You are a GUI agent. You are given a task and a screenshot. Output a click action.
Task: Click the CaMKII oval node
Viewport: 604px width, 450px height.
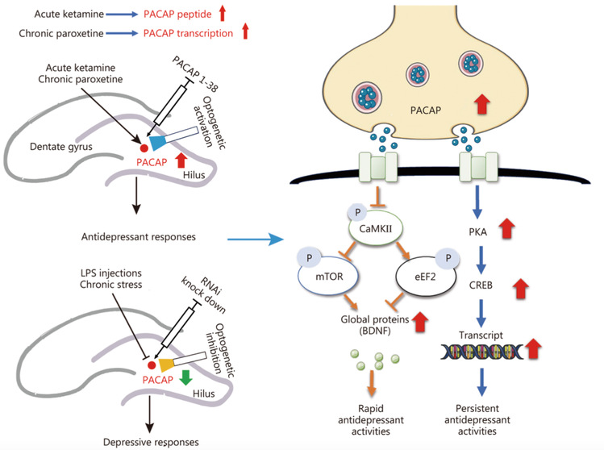coord(376,228)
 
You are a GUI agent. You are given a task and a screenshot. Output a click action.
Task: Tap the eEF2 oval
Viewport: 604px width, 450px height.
coord(426,277)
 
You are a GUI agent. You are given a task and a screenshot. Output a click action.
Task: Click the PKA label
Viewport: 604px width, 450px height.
coord(477,232)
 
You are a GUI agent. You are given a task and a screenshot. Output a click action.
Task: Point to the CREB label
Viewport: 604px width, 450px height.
coord(481,285)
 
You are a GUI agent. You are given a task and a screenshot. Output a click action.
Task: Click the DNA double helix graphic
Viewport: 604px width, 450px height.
coord(481,352)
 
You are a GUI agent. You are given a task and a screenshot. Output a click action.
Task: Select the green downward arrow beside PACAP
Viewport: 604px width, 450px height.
coord(186,377)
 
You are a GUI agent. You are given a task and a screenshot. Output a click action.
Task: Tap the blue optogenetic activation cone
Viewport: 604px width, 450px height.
coord(157,142)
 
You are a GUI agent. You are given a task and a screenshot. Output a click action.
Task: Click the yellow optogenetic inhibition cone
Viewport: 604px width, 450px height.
coord(165,365)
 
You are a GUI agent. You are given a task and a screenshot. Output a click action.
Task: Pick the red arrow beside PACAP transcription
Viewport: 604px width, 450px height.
coord(245,31)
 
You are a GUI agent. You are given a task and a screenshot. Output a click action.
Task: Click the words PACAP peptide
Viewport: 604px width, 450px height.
coord(177,15)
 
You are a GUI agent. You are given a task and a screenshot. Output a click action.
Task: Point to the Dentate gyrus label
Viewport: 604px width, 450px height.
coord(61,147)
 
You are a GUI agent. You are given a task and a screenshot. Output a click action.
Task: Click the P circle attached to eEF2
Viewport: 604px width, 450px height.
coord(448,258)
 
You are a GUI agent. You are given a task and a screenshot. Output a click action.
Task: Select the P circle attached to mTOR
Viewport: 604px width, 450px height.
coord(309,257)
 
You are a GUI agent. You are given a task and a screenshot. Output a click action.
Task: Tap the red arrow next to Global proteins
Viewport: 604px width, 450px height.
coord(420,321)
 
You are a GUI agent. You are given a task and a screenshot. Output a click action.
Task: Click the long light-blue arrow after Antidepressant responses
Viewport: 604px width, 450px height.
coord(256,240)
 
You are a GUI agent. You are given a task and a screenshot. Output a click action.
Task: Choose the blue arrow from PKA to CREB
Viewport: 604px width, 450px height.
coord(481,260)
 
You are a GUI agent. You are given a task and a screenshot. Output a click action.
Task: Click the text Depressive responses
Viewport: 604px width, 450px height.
coord(151,442)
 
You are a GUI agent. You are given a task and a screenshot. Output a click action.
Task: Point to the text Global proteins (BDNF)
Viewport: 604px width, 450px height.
coord(375,325)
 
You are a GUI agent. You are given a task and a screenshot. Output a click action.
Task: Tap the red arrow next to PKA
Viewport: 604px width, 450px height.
coord(507,228)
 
